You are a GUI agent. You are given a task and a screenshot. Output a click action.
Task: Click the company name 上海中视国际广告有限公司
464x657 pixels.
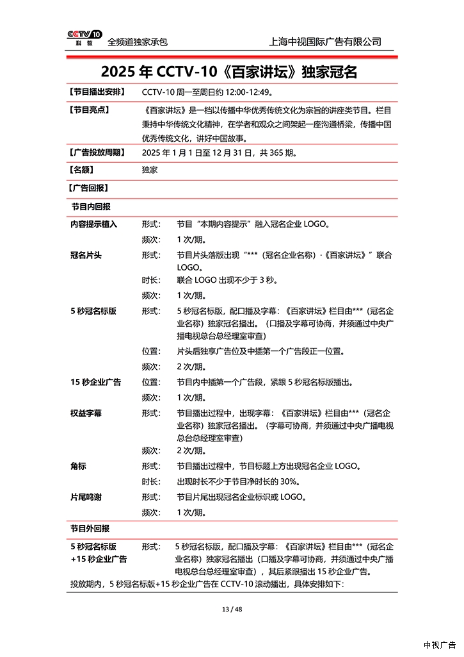326,42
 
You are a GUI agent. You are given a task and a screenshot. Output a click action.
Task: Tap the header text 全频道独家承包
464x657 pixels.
138,42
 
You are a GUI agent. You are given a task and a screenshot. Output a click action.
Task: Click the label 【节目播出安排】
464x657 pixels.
97,92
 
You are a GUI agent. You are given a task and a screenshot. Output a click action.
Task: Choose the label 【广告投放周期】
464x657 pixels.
97,153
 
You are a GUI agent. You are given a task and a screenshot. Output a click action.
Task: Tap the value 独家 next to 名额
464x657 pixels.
150,170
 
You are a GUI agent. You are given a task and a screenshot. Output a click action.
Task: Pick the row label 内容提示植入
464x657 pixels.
93,224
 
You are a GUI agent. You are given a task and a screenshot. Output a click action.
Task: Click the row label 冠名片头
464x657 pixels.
86,255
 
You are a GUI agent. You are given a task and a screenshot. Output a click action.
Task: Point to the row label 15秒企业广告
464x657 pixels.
95,382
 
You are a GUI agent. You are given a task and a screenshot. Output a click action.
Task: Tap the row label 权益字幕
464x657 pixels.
86,413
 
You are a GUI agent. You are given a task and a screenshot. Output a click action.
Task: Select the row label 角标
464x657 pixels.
78,467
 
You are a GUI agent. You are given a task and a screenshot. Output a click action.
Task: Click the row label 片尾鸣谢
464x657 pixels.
86,497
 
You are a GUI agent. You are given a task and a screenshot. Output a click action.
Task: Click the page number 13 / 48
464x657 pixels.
232,610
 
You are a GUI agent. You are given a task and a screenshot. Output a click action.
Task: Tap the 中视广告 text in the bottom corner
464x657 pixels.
439,644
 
